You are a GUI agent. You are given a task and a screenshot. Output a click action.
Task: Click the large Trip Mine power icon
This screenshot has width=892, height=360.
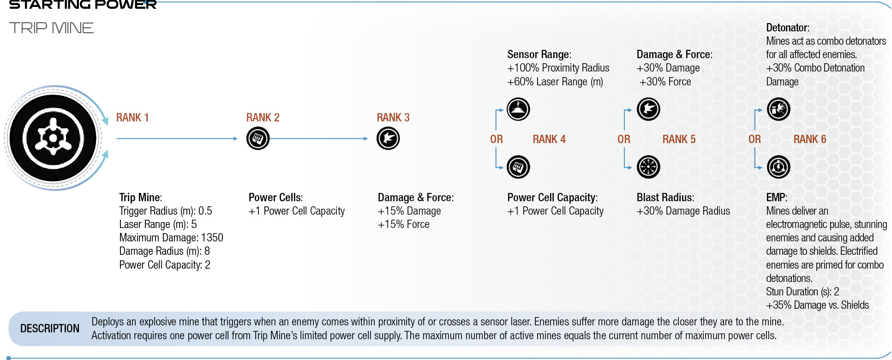pos(53,138)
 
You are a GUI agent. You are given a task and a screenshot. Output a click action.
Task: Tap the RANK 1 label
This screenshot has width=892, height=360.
pos(132,118)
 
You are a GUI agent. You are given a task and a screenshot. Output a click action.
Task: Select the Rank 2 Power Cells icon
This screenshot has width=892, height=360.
pos(258,138)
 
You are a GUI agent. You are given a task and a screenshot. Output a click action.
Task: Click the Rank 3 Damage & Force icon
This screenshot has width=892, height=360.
pos(388,138)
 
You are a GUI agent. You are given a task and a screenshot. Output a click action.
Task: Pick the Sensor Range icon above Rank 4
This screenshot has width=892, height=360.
pos(518,109)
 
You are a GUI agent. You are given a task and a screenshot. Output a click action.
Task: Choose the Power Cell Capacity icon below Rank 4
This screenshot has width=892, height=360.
pos(518,167)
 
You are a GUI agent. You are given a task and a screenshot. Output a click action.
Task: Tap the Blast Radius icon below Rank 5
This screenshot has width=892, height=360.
pos(648,167)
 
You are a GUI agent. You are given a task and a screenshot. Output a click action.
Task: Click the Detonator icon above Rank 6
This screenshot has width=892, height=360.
pos(778,109)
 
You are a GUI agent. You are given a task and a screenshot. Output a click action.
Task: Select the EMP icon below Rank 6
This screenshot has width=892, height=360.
pos(778,167)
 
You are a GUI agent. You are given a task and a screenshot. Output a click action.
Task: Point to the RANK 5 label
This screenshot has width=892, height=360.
pos(679,139)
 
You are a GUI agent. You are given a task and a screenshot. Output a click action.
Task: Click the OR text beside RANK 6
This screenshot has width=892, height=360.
pos(754,139)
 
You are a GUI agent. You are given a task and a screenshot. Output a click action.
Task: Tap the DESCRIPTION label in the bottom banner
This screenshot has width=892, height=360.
pos(50,329)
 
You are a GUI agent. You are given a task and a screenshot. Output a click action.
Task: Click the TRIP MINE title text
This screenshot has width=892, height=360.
pos(51,28)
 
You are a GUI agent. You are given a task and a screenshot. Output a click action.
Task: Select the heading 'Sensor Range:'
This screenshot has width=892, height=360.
pos(539,54)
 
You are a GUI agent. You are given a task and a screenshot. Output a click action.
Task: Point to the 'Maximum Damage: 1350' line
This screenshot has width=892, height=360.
pos(171,238)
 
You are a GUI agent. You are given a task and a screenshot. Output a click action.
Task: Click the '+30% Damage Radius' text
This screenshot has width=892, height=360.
pos(683,211)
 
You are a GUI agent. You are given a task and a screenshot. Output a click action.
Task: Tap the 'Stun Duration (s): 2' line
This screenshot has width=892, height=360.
pos(802,292)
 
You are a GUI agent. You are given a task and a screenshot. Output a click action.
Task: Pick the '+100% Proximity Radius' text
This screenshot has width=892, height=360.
pos(558,68)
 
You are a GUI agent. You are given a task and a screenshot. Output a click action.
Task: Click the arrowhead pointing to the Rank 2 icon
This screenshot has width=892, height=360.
pos(235,138)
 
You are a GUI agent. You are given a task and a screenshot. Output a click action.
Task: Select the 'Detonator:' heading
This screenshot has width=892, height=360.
pos(788,28)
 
